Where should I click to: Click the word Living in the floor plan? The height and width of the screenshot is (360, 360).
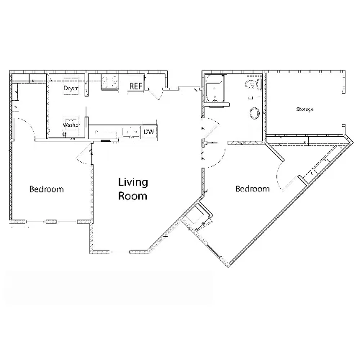tap(133, 182)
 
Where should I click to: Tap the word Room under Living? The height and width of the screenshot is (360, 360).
tap(132, 196)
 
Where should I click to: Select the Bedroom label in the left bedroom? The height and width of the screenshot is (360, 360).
tap(47, 189)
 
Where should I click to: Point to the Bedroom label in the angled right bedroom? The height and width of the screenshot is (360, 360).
tap(253, 189)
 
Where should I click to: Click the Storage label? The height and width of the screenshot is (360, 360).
tap(305, 109)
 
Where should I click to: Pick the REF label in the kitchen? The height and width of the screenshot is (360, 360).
tap(136, 86)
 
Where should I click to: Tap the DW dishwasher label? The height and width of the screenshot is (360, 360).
tap(149, 132)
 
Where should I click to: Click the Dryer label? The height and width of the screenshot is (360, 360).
tap(71, 89)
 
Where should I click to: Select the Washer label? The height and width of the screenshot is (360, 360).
tap(71, 125)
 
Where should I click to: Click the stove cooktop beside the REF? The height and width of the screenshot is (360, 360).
tap(110, 82)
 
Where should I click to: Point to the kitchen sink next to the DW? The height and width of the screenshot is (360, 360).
tap(131, 132)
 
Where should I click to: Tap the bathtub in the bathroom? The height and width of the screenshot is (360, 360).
tap(215, 89)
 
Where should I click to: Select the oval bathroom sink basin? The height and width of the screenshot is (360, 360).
tap(254, 113)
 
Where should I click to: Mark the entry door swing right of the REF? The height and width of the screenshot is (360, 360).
tap(156, 94)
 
